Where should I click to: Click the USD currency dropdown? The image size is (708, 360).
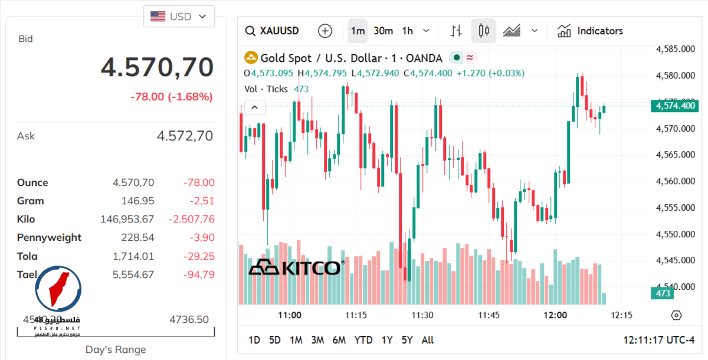[179, 17]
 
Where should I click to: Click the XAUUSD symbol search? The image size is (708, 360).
[273, 31]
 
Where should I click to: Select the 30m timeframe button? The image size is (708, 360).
[383, 31]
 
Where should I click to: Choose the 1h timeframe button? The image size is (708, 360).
[408, 31]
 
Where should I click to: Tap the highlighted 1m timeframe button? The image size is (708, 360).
[358, 31]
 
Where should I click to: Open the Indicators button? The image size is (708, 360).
[591, 31]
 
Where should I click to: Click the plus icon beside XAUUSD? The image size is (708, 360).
[324, 31]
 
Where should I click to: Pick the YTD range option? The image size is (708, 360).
[363, 340]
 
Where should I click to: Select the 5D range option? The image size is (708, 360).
[275, 340]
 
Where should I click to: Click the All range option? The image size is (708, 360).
[428, 340]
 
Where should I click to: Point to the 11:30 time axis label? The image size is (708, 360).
[422, 315]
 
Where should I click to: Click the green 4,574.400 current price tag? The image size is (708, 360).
[674, 106]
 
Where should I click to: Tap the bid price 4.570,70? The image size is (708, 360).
[157, 67]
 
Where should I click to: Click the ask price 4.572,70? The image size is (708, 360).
[185, 136]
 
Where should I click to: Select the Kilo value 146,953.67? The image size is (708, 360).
[127, 220]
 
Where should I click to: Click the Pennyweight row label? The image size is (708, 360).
[49, 238]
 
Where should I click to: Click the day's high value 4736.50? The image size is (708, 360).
[189, 319]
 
